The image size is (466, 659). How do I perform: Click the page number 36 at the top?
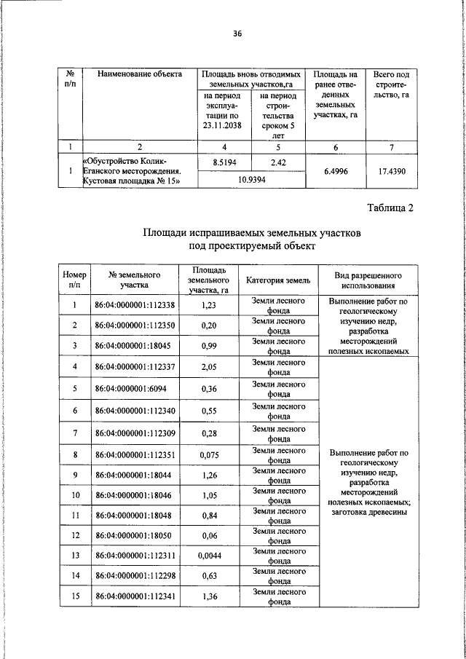237,33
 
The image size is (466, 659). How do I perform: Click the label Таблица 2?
390,208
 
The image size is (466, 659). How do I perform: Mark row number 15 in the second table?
74,597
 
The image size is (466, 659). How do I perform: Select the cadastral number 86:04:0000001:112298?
135,577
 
